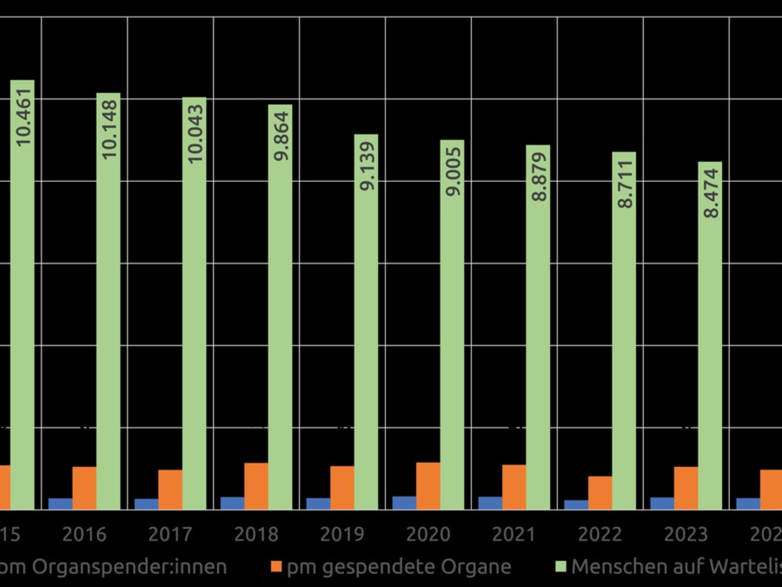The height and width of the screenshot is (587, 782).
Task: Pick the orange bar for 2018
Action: pyautogui.click(x=256, y=487)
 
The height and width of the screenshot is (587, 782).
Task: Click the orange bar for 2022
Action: pyautogui.click(x=600, y=493)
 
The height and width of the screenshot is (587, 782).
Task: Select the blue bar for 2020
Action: pyautogui.click(x=404, y=503)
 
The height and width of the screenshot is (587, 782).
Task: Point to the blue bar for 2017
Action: pyautogui.click(x=146, y=504)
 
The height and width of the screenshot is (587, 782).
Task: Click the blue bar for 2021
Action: pyautogui.click(x=490, y=503)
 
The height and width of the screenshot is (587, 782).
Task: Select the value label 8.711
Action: pyautogui.click(x=625, y=183)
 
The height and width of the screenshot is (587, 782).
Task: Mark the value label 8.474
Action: pyautogui.click(x=710, y=193)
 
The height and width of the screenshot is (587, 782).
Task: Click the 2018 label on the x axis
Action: pyautogui.click(x=256, y=535)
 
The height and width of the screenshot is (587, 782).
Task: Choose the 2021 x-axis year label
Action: pyautogui.click(x=514, y=535)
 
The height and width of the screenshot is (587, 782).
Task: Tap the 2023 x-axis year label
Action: pyautogui.click(x=686, y=535)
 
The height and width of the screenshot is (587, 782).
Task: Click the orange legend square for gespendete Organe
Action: pyautogui.click(x=276, y=566)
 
